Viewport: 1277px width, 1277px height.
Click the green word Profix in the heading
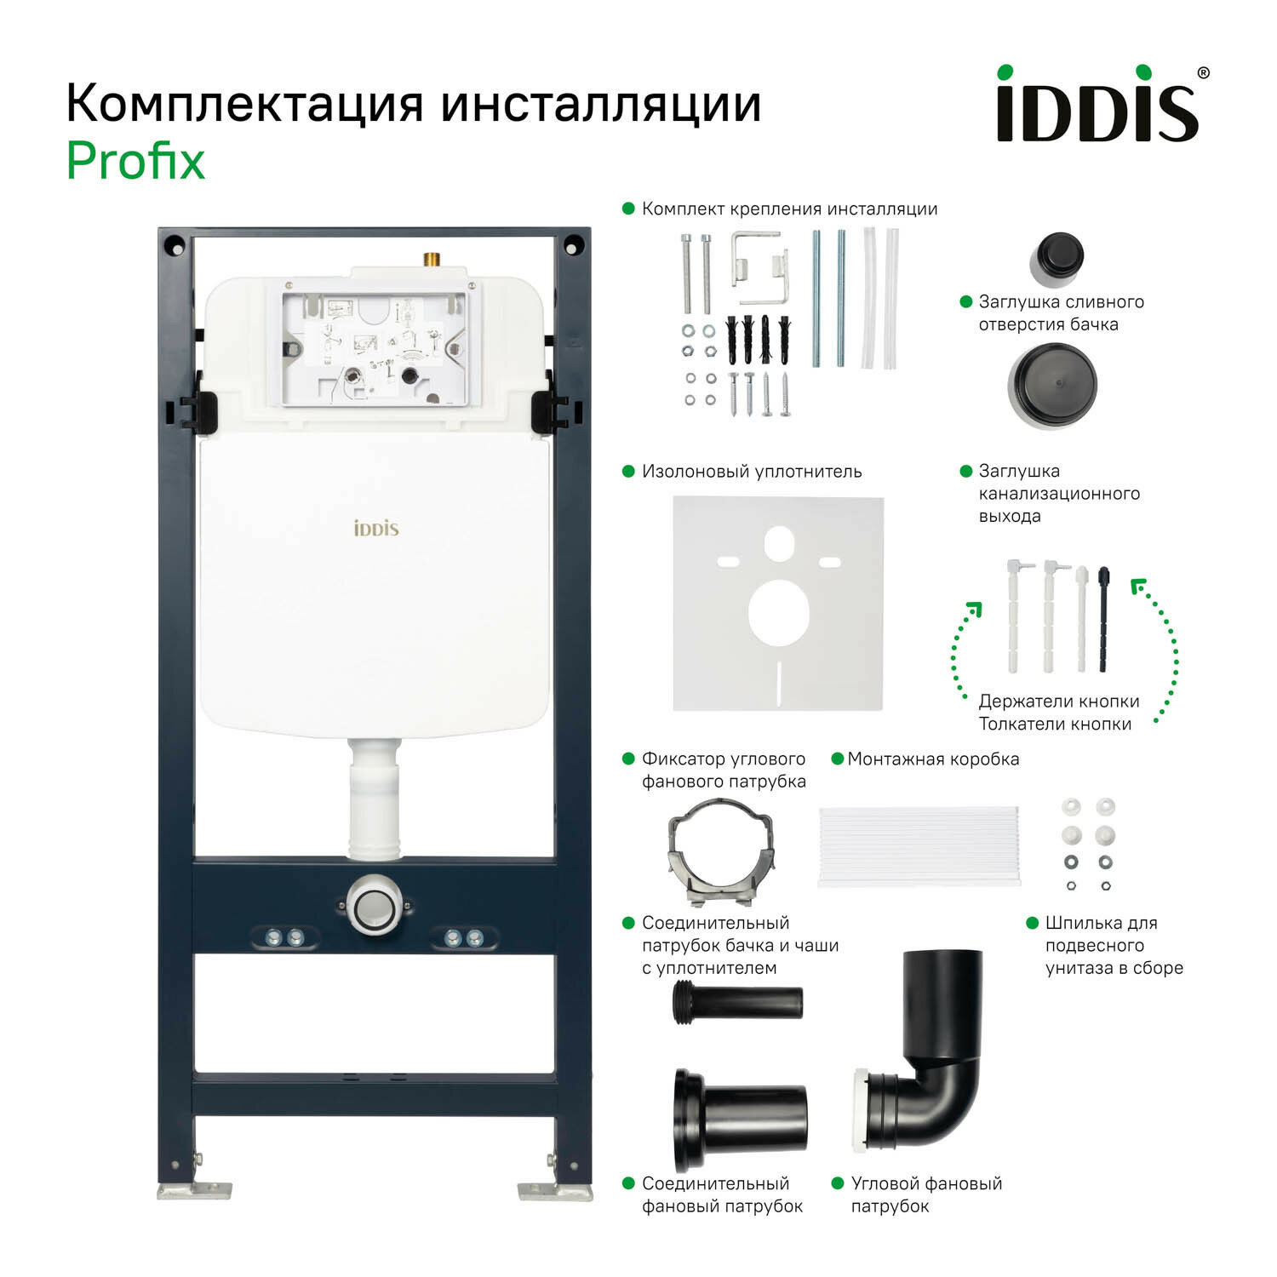(136, 161)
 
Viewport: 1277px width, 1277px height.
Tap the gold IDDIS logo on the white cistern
(375, 529)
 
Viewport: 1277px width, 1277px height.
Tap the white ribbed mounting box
(919, 846)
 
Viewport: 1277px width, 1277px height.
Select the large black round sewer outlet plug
(1052, 386)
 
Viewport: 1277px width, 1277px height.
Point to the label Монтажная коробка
(933, 759)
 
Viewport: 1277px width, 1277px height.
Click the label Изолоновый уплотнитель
(752, 472)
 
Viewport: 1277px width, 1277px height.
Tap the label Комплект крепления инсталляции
(789, 209)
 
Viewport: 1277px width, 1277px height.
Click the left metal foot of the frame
(194, 1189)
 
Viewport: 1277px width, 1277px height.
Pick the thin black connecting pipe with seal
(737, 1001)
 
